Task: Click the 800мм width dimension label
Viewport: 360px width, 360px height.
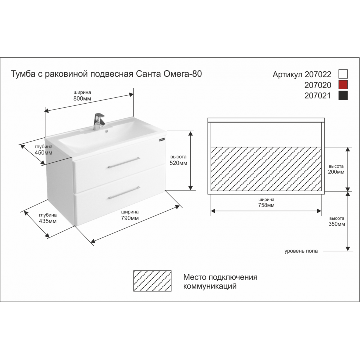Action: [x=82, y=98]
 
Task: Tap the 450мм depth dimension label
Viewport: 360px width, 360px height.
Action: [x=43, y=152]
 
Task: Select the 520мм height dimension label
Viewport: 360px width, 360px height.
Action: [x=178, y=163]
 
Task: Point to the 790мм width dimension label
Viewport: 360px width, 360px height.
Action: [x=130, y=218]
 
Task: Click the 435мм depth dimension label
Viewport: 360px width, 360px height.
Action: [x=48, y=221]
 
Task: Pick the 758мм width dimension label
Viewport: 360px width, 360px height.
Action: [x=266, y=205]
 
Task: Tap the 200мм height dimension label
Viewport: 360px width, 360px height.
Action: [x=336, y=172]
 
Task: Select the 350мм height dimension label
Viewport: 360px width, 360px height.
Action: [x=337, y=224]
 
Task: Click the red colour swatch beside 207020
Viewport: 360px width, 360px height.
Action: [x=343, y=85]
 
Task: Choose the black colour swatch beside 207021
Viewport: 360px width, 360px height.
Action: [x=343, y=95]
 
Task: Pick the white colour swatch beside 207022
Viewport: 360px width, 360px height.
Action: [x=343, y=74]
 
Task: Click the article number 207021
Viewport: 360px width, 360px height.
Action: [x=318, y=95]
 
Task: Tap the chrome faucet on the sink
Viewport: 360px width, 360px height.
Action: [x=99, y=121]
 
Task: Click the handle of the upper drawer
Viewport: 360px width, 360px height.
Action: [x=124, y=163]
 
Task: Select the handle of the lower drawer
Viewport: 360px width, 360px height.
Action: [x=124, y=193]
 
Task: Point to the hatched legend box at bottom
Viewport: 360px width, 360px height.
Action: [x=152, y=281]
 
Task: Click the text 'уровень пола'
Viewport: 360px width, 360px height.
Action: [x=301, y=251]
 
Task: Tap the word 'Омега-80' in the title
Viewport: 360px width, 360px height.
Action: [x=183, y=74]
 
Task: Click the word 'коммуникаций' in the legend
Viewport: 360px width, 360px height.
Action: [x=210, y=286]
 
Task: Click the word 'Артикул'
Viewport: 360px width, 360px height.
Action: [x=287, y=75]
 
